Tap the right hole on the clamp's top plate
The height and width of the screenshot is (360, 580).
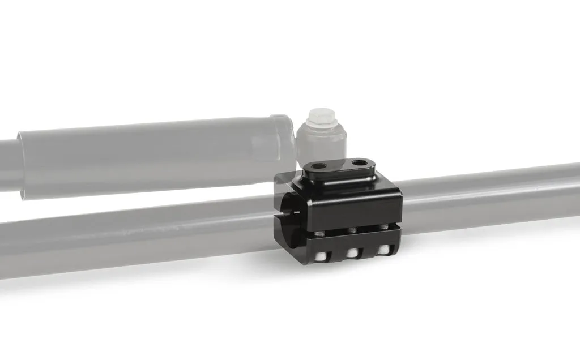pos(359,164)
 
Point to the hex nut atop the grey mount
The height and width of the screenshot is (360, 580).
pos(321,121)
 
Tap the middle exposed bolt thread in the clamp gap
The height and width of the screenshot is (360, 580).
pos(352,229)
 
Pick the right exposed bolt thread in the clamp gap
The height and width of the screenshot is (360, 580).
pos(383,227)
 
